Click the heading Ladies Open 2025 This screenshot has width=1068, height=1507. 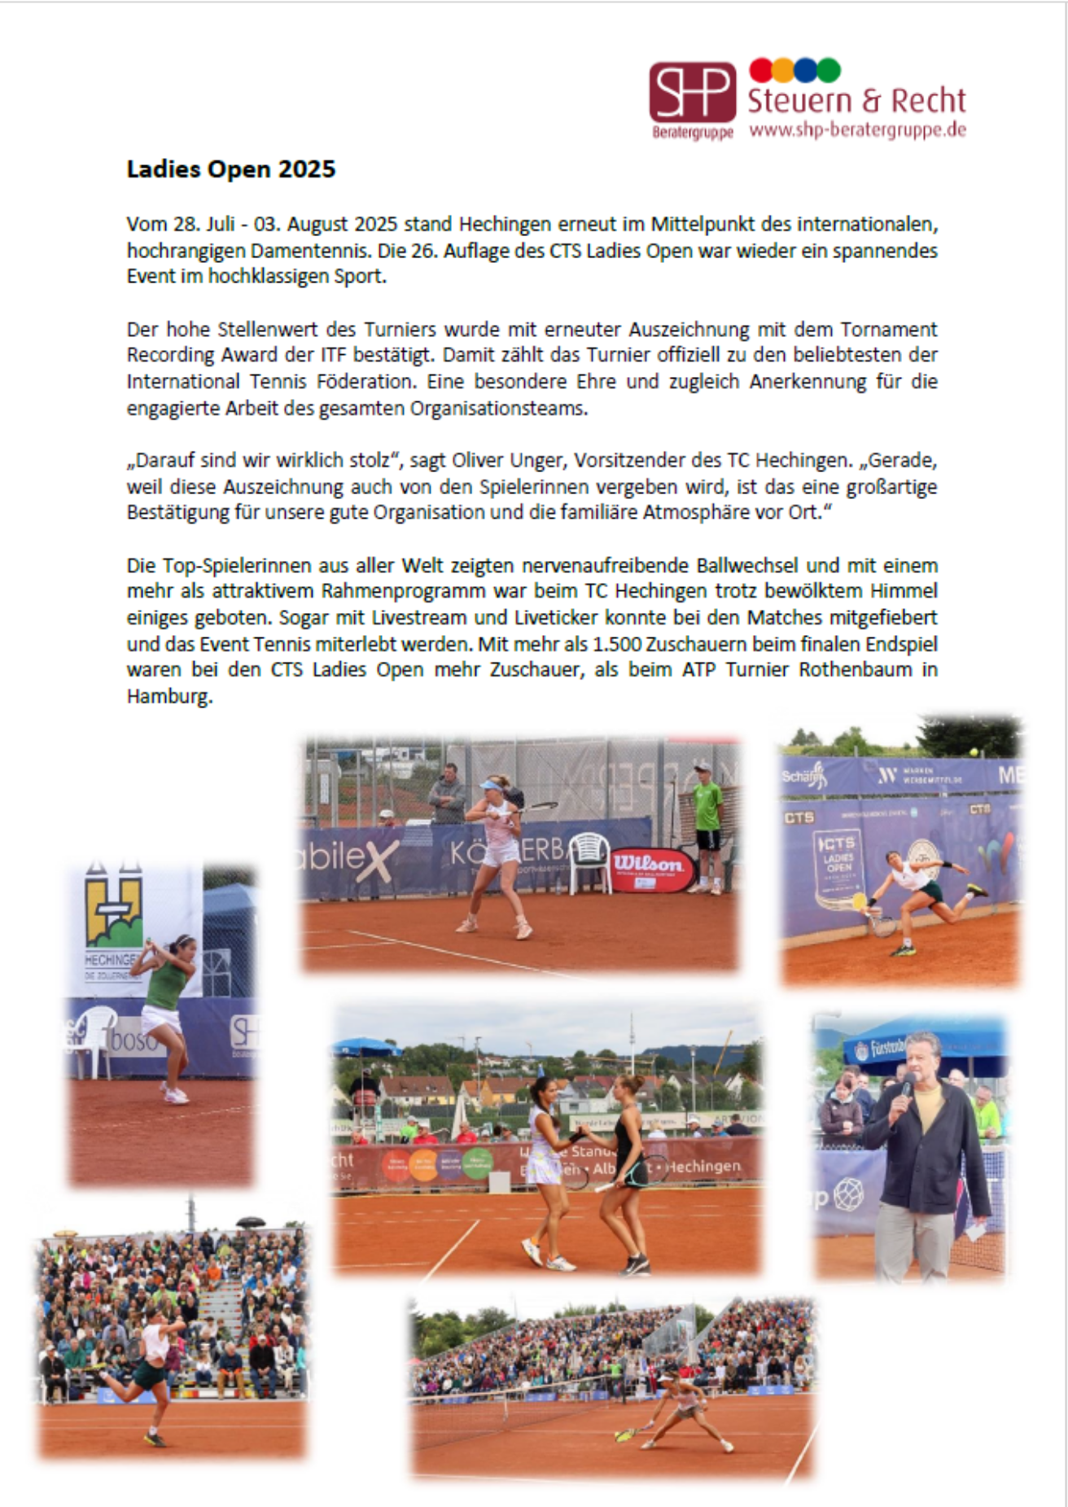coord(231,169)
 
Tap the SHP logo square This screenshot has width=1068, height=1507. coord(692,92)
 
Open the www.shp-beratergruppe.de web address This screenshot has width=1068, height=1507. coord(857,130)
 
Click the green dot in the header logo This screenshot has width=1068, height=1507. coord(829,70)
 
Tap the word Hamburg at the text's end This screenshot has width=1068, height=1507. coord(169,697)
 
